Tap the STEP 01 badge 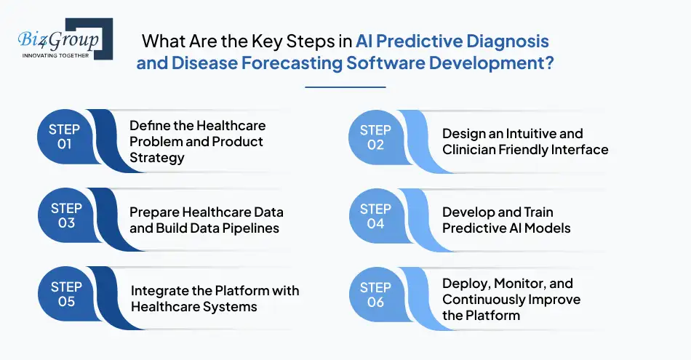click(64, 136)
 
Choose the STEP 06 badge click(375, 295)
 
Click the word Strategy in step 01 click(157, 157)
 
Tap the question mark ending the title click(549, 62)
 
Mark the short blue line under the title click(345, 87)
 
